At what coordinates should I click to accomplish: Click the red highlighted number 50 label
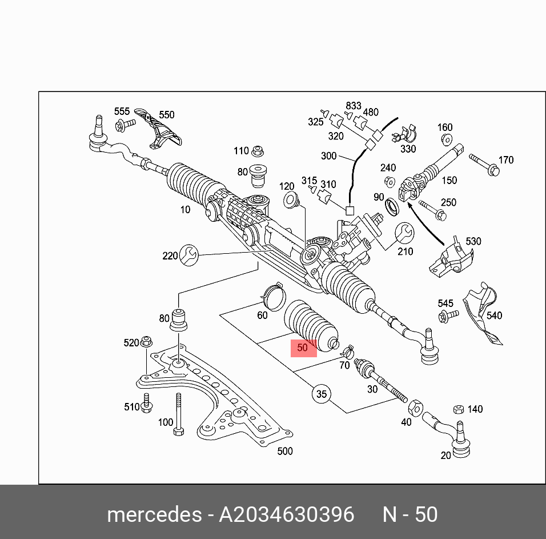click(x=303, y=348)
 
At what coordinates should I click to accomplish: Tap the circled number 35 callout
click(x=322, y=394)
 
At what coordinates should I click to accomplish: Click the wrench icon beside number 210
click(x=404, y=232)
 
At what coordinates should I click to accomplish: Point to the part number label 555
click(x=122, y=111)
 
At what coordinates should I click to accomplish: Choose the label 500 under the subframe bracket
click(x=284, y=451)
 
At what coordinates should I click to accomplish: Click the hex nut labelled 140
click(x=457, y=409)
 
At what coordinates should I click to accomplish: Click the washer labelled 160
click(x=447, y=139)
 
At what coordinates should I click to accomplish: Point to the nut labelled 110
click(x=257, y=151)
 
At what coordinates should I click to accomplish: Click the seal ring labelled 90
click(x=393, y=205)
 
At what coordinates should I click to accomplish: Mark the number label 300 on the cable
click(x=329, y=155)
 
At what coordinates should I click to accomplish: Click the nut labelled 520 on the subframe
click(x=147, y=342)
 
